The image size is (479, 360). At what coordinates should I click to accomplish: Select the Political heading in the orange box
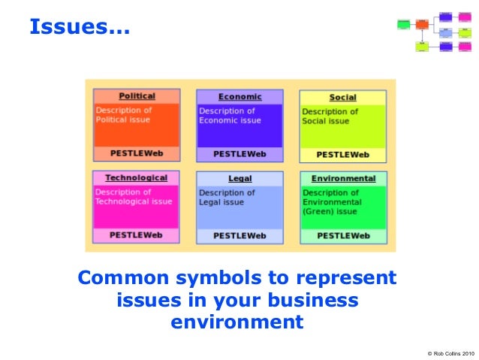click(x=137, y=96)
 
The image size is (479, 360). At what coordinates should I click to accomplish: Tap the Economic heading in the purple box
click(x=239, y=97)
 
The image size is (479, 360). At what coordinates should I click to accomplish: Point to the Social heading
click(x=342, y=98)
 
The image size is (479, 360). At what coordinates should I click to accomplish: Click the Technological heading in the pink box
click(x=136, y=178)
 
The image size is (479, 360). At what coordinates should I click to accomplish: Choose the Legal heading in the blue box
click(x=239, y=179)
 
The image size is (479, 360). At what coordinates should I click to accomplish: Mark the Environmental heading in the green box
click(x=343, y=179)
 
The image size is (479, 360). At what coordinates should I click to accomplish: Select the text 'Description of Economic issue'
click(x=230, y=116)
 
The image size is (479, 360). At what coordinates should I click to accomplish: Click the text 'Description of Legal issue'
click(x=226, y=198)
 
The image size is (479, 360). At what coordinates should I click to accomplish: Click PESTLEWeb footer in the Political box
click(x=136, y=153)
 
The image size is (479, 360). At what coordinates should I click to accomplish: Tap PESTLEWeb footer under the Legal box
click(x=239, y=236)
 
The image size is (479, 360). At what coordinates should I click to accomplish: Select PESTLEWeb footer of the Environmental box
click(x=343, y=236)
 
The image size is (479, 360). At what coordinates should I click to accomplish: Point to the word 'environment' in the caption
click(x=237, y=323)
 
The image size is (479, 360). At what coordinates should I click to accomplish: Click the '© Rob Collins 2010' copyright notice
click(x=450, y=352)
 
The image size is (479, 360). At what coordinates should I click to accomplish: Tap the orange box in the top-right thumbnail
click(x=422, y=24)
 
